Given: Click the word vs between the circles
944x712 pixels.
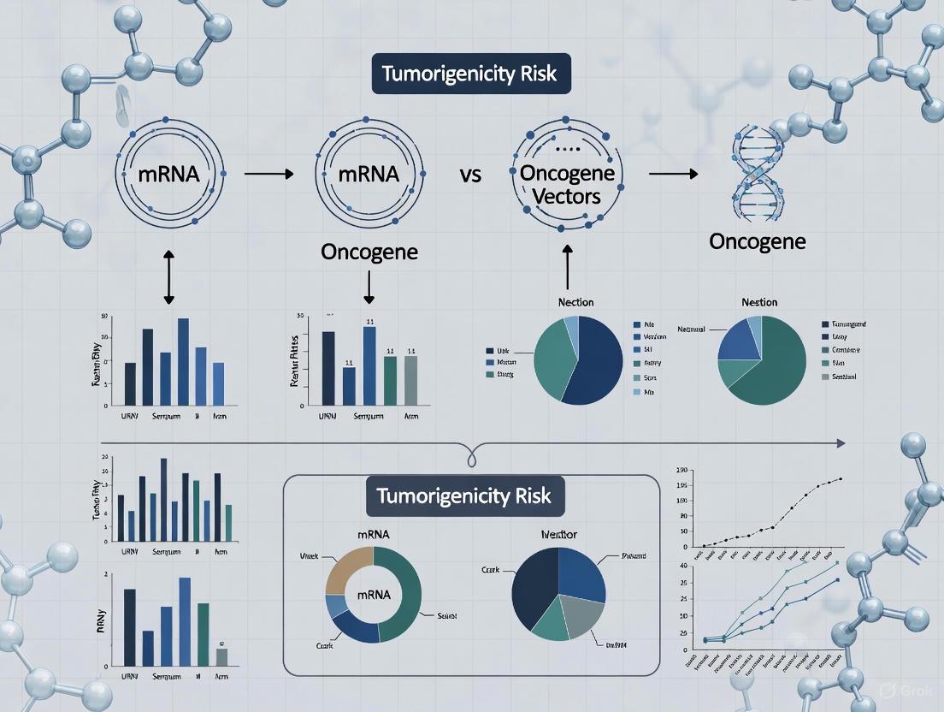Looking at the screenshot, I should (x=469, y=175).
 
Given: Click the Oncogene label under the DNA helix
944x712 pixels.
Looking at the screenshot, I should (x=757, y=241).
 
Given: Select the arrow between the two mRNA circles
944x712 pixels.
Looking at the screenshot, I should (x=268, y=175).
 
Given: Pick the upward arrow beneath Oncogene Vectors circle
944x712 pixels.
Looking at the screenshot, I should (x=568, y=267).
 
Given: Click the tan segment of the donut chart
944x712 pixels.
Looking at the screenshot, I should (x=346, y=569).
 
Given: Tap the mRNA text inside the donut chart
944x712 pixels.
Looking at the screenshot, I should (x=373, y=594).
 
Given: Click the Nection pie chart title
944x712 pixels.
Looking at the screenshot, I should (x=575, y=302).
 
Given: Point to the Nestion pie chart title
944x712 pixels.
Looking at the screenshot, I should (x=760, y=302).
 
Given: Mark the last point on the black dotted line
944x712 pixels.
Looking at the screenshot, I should (x=841, y=479).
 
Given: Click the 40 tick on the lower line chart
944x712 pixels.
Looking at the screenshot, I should (x=682, y=566).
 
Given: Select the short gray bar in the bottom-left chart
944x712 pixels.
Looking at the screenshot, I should (x=221, y=657).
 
